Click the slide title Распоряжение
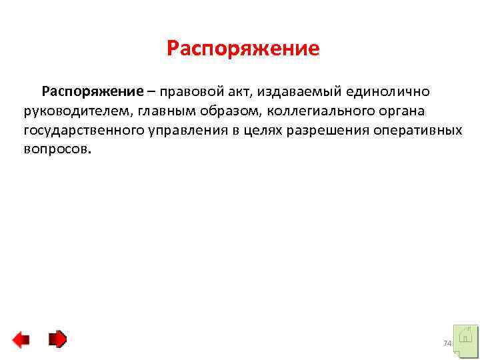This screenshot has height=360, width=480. (x=243, y=49)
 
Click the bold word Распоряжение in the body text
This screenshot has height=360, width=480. (x=93, y=90)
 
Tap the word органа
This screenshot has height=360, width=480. (x=396, y=110)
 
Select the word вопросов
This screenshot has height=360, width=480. (x=55, y=149)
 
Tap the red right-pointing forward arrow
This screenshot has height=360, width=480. (x=58, y=339)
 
